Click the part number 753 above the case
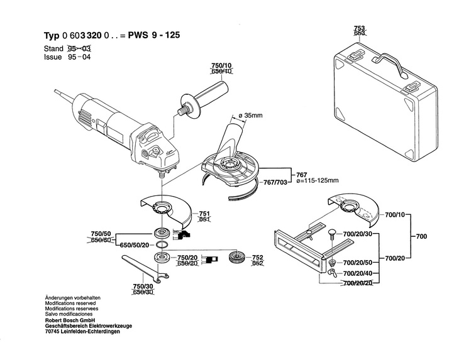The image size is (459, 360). click(358, 29)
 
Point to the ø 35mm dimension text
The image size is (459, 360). click(252, 115)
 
